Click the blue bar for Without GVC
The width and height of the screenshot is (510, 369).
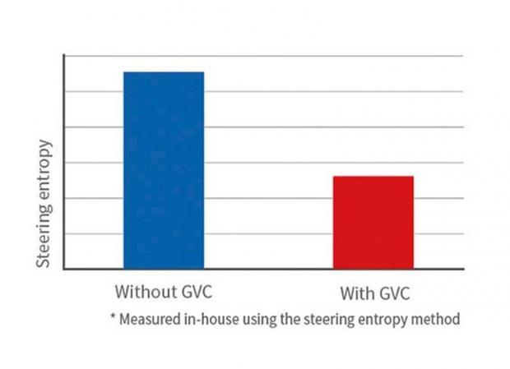click(164, 170)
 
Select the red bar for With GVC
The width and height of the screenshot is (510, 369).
click(373, 222)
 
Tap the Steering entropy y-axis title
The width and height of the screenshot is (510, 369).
click(45, 205)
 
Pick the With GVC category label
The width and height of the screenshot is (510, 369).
click(373, 294)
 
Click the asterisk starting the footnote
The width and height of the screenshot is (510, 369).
click(111, 317)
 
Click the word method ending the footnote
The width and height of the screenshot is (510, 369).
click(437, 318)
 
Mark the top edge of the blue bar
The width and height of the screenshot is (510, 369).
click(164, 72)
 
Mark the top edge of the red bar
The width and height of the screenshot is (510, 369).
click(373, 177)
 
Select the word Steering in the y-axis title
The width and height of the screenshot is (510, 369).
click(45, 238)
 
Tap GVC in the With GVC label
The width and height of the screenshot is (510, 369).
click(393, 294)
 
